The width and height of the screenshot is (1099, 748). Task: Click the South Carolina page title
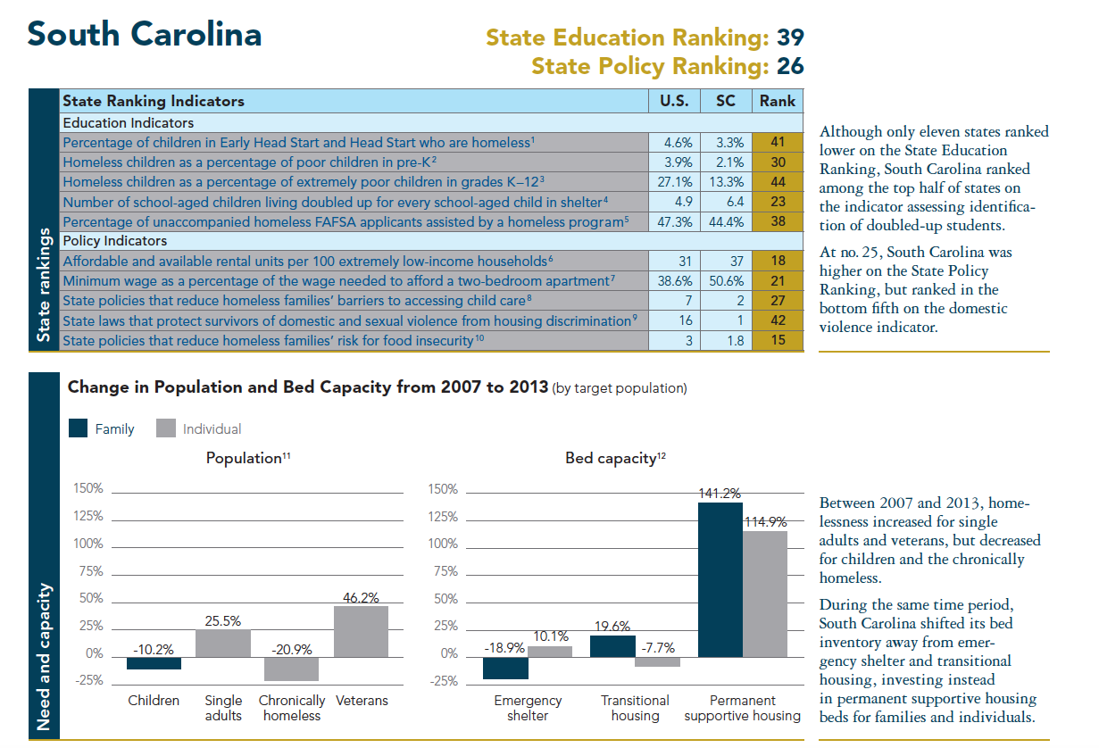144,34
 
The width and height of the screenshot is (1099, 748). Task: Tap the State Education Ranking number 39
789,37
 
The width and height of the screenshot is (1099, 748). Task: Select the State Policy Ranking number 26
789,66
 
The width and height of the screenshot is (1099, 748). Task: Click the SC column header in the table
726,101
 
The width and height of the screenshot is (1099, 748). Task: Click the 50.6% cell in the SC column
726,280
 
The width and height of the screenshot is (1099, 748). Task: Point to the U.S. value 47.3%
674,221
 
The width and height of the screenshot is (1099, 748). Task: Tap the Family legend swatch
79,428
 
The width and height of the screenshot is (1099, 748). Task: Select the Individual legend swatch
165,428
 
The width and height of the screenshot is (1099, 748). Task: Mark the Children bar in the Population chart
154,661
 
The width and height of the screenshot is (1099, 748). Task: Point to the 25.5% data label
223,620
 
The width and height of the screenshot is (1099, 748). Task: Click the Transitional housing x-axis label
635,708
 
